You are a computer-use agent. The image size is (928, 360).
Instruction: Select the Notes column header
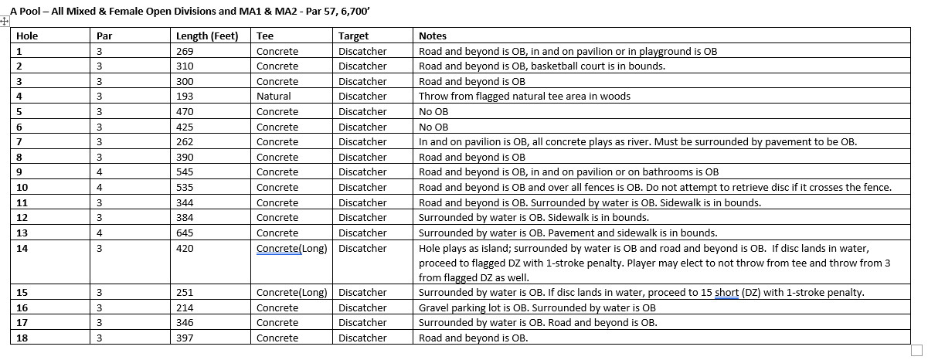[432, 36]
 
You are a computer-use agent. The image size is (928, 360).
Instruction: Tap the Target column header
[353, 36]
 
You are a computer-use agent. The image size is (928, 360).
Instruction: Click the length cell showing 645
[185, 233]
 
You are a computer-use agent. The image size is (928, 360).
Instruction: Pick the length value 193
[185, 97]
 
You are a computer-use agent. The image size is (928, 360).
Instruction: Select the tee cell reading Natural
[274, 97]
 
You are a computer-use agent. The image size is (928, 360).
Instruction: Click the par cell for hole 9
[100, 172]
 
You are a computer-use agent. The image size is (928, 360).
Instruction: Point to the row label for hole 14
[22, 249]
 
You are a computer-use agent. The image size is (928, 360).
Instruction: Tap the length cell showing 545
[185, 172]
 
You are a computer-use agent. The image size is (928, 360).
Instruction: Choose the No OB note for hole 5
[433, 112]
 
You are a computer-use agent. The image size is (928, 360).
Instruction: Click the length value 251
[185, 293]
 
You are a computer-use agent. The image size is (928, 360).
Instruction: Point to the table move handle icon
[5, 22]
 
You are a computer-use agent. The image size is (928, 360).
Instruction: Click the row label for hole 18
[22, 338]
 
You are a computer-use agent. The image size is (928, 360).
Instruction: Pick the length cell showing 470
[185, 112]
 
